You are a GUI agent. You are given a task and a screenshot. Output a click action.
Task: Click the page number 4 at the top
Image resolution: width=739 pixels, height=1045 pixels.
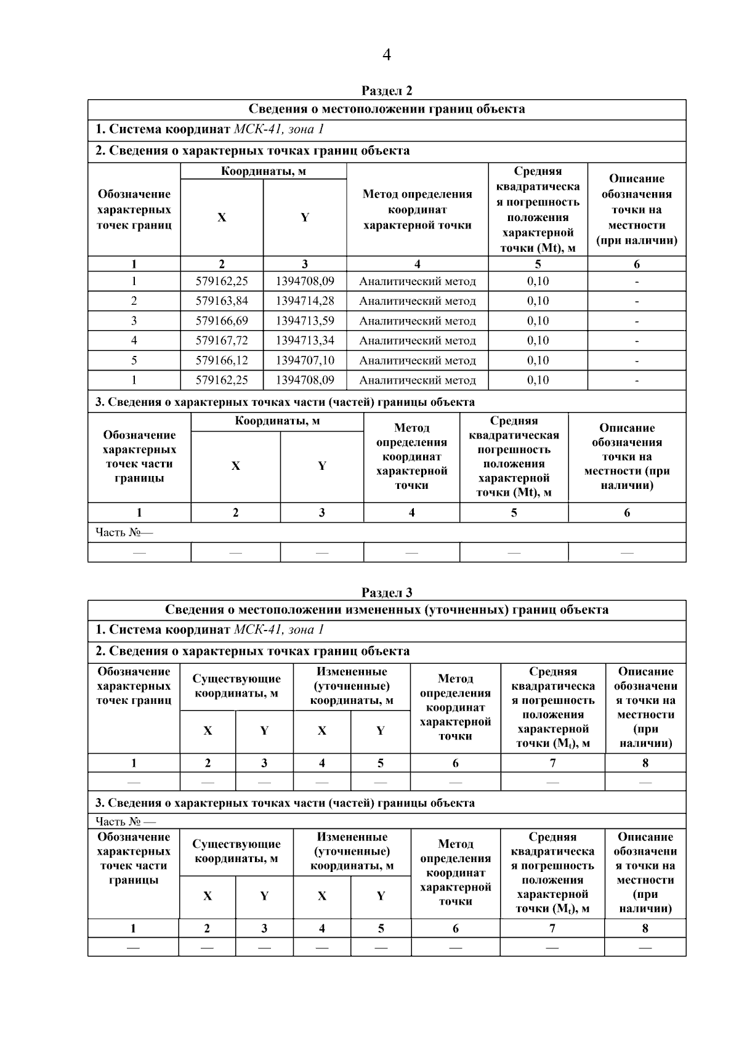pos(386,55)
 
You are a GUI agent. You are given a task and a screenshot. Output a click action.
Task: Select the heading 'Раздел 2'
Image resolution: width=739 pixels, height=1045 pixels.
pos(386,91)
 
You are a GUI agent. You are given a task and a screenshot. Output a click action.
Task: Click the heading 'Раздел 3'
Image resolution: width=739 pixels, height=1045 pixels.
pos(386,592)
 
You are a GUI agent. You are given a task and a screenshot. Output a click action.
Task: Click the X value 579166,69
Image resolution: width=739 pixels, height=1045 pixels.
pos(222,321)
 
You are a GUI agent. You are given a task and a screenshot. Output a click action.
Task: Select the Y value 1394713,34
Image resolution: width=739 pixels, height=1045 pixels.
pos(305,341)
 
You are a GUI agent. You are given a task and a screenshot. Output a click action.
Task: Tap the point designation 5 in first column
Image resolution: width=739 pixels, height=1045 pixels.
pos(134,360)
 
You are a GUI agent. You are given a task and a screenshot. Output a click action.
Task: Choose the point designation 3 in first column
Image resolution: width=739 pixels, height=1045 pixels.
pos(134,321)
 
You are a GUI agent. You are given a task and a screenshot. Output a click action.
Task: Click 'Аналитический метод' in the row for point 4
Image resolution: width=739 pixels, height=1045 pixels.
pos(417,341)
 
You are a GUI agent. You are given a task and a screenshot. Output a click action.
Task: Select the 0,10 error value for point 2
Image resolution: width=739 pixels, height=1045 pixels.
pos(538,301)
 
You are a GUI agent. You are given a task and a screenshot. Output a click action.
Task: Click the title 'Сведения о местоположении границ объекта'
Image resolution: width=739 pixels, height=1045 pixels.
pos(386,109)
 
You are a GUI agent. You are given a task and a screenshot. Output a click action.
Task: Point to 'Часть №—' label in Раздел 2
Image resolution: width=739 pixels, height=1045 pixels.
pos(124,532)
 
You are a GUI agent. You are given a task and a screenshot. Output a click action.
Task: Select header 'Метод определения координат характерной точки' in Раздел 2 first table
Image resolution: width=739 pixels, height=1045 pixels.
pos(417,209)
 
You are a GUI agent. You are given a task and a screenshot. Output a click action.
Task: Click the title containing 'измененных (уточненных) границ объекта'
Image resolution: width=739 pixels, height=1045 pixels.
pos(386,610)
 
